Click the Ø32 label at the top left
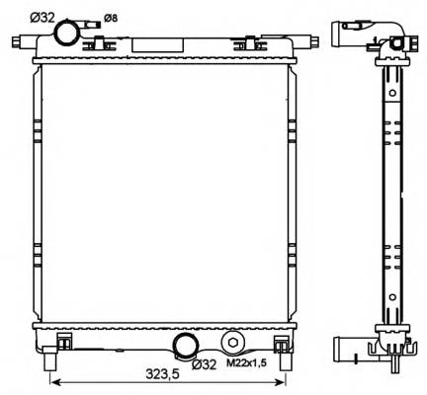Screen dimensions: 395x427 pyautogui.click(x=42, y=17)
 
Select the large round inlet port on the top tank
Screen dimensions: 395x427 pyautogui.click(x=68, y=33)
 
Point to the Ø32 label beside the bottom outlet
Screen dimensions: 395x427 pyautogui.click(x=204, y=363)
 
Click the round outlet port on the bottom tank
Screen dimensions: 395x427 pyautogui.click(x=185, y=346)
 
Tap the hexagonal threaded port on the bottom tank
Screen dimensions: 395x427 pyautogui.click(x=232, y=343)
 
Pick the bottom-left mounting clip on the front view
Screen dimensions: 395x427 pyautogui.click(x=65, y=342)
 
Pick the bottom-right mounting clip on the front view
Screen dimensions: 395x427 pyautogui.click(x=281, y=342)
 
